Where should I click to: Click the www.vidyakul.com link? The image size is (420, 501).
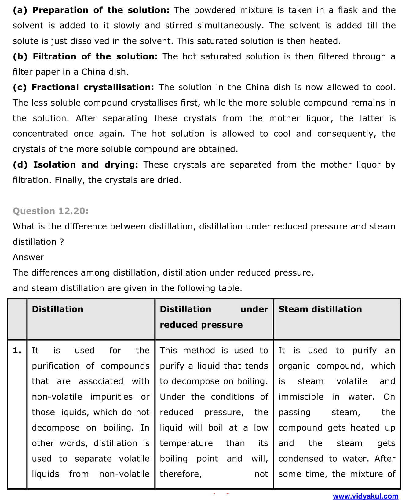tap(365, 496)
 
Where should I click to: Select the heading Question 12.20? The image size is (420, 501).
tap(51, 211)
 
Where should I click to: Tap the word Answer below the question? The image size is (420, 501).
tap(28, 257)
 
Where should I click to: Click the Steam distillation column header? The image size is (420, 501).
tap(320, 309)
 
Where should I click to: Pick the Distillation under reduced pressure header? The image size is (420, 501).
tap(214, 317)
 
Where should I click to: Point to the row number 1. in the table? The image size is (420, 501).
tap(17, 351)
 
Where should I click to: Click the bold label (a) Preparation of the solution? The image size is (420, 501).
tap(91, 10)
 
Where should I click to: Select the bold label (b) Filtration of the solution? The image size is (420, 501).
tap(85, 56)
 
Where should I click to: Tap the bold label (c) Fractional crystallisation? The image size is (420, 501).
tap(83, 87)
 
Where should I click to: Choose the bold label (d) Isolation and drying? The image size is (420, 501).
tap(75, 165)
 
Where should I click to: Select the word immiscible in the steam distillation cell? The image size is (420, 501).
tap(301, 397)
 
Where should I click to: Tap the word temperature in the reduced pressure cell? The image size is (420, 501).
tap(186, 443)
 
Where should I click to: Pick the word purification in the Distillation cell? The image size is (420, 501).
tap(55, 366)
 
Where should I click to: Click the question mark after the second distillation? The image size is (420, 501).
tap(62, 242)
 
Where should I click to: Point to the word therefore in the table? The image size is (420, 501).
tap(180, 474)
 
